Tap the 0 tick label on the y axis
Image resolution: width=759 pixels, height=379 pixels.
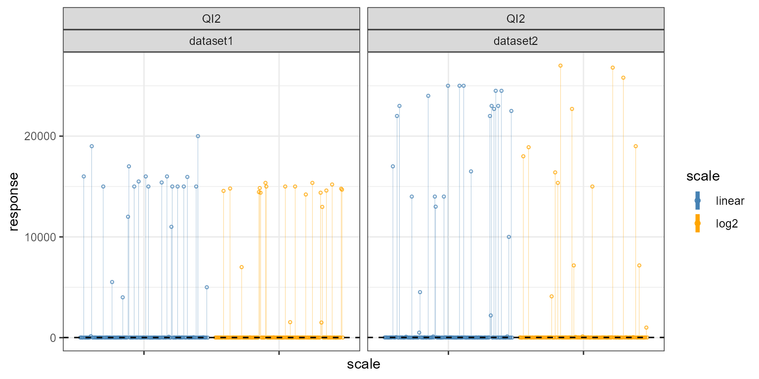52,338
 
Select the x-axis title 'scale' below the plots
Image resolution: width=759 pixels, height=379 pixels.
363,365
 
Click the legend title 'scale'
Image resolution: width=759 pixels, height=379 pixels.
702,176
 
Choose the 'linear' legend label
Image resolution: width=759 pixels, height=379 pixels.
730,201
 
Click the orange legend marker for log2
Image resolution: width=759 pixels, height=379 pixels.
698,224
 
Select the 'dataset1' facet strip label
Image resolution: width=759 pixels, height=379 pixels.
211,41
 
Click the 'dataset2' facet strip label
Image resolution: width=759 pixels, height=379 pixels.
515,41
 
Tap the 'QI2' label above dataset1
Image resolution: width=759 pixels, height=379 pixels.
211,19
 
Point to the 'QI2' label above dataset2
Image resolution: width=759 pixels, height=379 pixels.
515,19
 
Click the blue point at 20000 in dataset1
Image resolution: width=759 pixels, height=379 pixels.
198,136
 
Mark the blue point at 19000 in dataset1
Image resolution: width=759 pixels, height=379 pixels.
91,146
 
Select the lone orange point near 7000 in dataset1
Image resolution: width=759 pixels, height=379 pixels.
242,267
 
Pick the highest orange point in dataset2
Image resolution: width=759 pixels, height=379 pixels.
560,66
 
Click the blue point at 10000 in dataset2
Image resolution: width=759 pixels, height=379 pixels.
509,237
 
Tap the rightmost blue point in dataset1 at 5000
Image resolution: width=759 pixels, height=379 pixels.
207,287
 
